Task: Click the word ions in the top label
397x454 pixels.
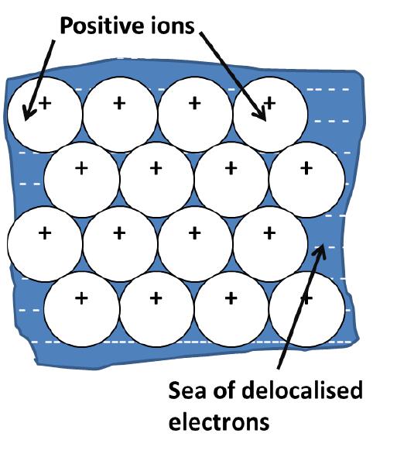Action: [173, 28]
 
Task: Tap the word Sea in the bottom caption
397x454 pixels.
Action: [188, 390]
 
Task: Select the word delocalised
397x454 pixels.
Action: [302, 390]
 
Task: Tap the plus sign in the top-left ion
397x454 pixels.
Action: [44, 101]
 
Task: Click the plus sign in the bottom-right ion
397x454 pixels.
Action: [306, 297]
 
